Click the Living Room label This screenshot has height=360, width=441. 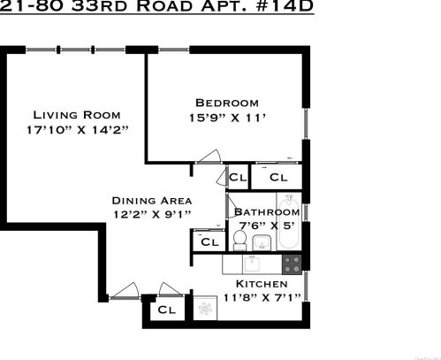77,115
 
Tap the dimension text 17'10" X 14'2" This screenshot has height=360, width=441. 78,131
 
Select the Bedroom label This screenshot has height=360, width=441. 227,102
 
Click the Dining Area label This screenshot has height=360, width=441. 151,200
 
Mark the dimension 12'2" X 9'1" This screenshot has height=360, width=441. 151,214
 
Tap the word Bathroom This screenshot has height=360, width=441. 266,212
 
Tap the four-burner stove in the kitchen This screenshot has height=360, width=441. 292,263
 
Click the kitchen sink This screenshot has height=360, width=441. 252,264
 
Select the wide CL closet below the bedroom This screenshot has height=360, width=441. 278,178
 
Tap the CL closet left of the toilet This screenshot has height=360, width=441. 209,241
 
